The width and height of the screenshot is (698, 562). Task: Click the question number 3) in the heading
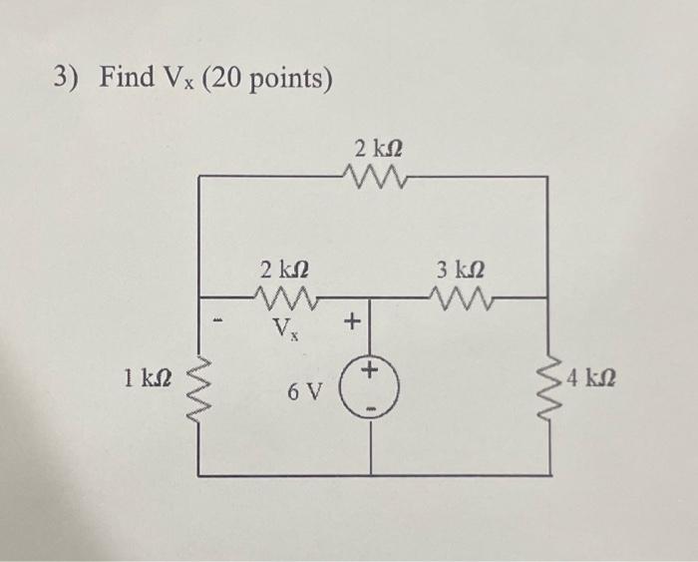pos(68,76)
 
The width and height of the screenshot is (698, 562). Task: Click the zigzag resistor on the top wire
pos(374,177)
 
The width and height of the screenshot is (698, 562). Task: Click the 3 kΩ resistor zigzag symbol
pos(461,295)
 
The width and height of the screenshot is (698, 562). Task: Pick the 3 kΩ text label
pos(460,269)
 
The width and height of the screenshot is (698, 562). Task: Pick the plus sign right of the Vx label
pos(351,321)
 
